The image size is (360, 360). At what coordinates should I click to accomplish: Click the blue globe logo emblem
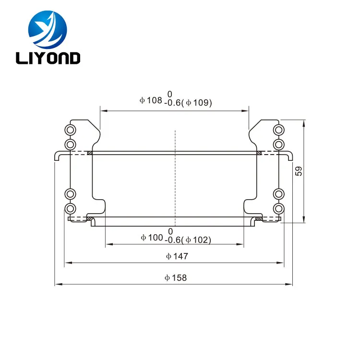[48, 30]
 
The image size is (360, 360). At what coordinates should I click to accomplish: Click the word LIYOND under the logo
[48, 58]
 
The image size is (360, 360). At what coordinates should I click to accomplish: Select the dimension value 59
[299, 171]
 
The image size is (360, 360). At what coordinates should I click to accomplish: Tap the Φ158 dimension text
[176, 278]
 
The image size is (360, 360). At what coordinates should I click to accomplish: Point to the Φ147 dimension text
[177, 256]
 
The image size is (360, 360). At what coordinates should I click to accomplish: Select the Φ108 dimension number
[151, 100]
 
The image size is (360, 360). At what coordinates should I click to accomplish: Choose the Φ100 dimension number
[152, 238]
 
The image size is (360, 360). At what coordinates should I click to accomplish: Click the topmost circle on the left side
[70, 130]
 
